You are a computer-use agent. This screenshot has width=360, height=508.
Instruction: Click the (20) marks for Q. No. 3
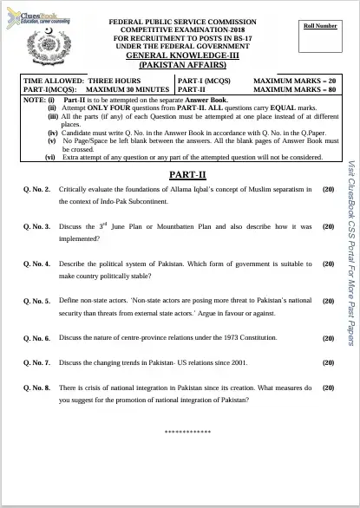[328, 226]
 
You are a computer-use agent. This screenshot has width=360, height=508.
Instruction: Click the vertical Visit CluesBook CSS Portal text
[350, 252]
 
